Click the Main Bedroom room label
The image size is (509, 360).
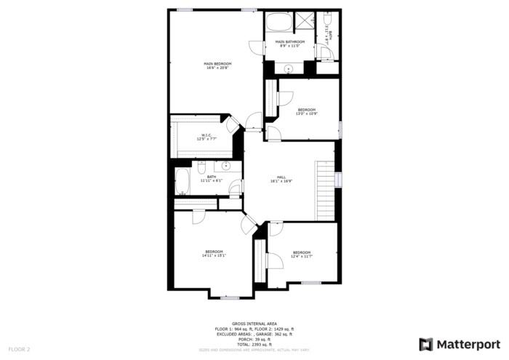click(217, 64)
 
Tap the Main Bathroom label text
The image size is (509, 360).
click(289, 42)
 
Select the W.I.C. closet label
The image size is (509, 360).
click(206, 135)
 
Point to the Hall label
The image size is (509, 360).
click(281, 177)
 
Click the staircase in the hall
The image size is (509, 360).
click(324, 190)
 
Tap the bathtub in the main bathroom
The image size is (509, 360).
click(278, 23)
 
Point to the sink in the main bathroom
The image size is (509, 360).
click(289, 69)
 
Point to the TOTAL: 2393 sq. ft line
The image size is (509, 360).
click(254, 344)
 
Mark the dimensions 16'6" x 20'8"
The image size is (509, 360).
click(217, 68)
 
